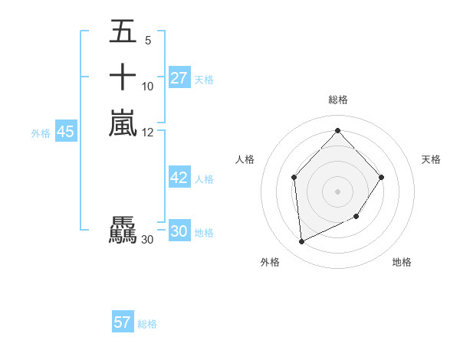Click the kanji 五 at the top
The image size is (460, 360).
(123, 32)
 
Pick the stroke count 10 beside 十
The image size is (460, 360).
(147, 87)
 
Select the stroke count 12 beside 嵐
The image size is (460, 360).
(147, 133)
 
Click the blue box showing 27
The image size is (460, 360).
(179, 78)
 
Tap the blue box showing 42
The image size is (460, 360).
(179, 178)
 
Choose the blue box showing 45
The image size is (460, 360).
(66, 132)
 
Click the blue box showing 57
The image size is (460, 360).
(123, 322)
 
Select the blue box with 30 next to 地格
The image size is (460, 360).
(179, 231)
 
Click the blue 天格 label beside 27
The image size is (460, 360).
(204, 79)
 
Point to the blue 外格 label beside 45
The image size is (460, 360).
(41, 133)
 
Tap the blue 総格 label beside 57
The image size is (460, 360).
(147, 324)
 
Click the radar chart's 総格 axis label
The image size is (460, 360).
(337, 100)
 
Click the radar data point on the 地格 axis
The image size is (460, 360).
(356, 218)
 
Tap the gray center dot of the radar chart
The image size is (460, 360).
(337, 191)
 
